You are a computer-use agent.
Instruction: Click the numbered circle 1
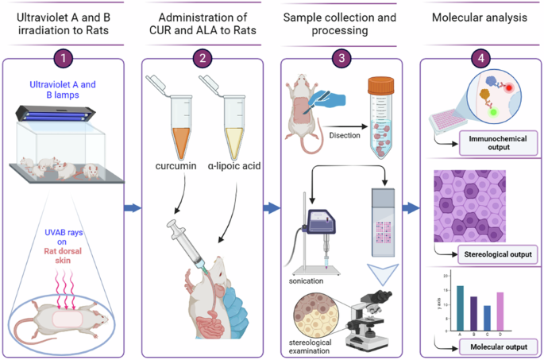[x=64, y=58]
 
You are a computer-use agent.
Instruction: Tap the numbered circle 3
[x=341, y=58]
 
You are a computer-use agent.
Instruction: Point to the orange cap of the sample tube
[x=381, y=86]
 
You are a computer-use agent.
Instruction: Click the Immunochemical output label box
[x=498, y=143]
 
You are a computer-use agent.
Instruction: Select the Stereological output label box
[x=498, y=254]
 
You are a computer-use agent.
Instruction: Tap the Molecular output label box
[x=499, y=346]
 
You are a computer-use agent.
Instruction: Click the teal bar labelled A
[x=460, y=308]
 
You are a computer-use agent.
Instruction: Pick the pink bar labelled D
[x=500, y=312]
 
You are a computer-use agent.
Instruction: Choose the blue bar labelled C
[x=487, y=318]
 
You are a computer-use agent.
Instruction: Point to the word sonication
[x=306, y=281]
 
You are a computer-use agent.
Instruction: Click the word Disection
[x=345, y=135]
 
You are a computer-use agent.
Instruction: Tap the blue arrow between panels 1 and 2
[x=133, y=208]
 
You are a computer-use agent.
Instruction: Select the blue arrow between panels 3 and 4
[x=411, y=208]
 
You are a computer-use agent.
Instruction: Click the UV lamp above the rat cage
[x=55, y=114]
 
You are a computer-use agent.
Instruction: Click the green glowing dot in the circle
[x=493, y=113]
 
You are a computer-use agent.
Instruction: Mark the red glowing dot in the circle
[x=508, y=88]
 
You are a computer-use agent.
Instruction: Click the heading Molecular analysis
[x=480, y=17]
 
